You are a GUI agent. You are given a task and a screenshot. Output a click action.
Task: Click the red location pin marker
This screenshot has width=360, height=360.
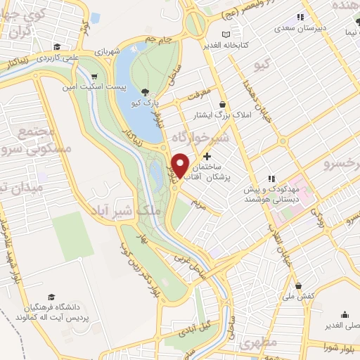[x=181, y=165]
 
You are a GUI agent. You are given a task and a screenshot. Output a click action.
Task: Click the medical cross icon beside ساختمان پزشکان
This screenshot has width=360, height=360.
[x=207, y=156]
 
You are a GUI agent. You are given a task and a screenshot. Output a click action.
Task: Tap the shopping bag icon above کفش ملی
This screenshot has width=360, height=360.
[x=300, y=286]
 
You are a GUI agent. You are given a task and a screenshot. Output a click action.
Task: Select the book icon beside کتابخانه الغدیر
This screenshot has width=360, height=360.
[x=225, y=34]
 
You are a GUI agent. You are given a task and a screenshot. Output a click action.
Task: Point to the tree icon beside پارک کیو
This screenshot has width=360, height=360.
[x=145, y=92]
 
